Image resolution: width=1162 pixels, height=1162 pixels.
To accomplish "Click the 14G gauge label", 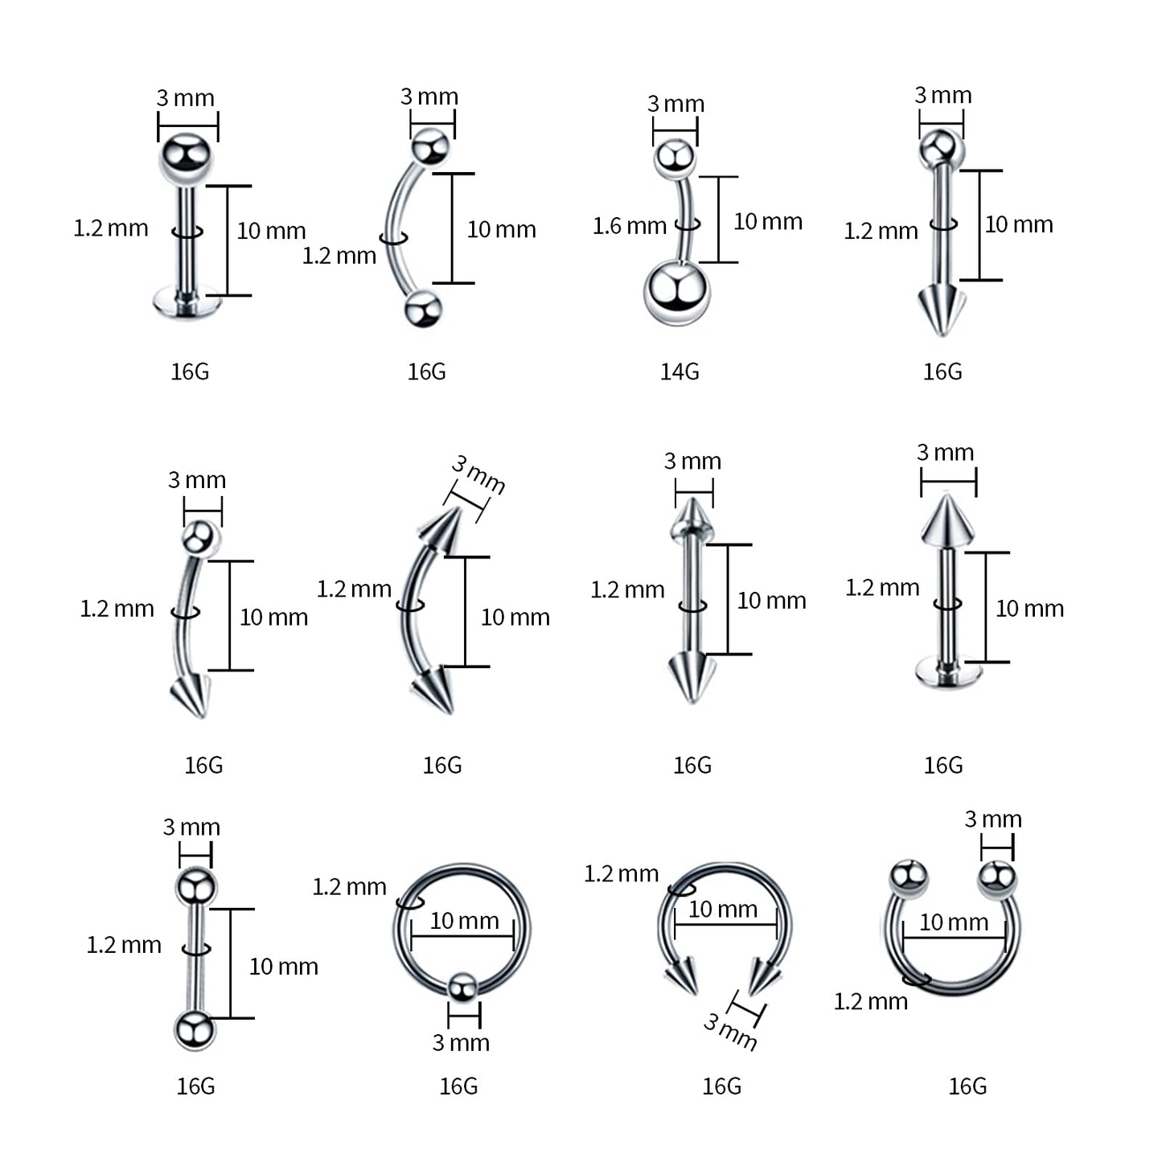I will (x=680, y=372).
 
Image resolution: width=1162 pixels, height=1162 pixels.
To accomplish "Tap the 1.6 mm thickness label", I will (x=629, y=226).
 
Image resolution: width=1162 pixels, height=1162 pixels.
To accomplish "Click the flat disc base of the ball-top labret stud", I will (x=187, y=303).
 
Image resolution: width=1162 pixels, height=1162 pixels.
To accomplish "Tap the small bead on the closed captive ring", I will (x=462, y=987).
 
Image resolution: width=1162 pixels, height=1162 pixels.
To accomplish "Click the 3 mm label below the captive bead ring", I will (x=461, y=1043).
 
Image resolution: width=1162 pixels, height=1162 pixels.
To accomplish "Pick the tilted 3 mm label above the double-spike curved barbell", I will (x=478, y=474).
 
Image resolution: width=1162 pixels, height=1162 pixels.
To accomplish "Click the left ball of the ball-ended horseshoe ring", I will (x=909, y=877).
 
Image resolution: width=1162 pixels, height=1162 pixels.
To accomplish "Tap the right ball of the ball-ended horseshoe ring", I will (x=997, y=877).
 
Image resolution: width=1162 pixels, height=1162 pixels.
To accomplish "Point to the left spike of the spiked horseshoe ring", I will (x=682, y=975).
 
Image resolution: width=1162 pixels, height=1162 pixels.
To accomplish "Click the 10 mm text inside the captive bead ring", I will (x=464, y=921).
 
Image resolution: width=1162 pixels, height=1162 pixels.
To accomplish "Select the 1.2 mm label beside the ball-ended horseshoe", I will (x=870, y=1002).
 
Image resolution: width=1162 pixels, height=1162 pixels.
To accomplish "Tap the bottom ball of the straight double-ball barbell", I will (x=195, y=1030).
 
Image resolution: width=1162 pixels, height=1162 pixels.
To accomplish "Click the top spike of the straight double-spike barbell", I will (x=692, y=519).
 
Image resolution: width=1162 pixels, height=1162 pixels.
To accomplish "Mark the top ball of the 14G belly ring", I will (x=675, y=158).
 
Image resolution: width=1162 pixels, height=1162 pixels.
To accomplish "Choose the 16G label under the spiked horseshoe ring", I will (x=721, y=1086).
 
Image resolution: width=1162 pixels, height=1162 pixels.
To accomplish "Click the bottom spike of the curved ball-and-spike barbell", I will (x=191, y=695).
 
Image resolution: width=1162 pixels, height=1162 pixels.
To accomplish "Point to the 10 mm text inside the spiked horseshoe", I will (x=723, y=909).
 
